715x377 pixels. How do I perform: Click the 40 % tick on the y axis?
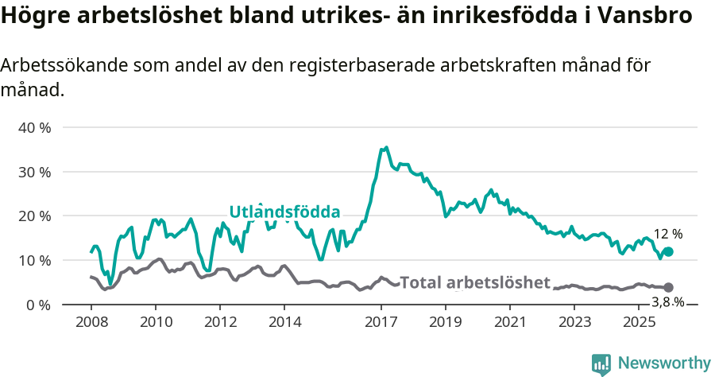pos(34,127)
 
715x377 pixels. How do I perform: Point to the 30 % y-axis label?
pos(34,172)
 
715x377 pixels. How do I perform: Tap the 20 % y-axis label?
pos(34,216)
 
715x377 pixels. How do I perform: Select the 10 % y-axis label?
pos(34,260)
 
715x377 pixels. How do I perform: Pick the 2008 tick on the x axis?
pos(91,322)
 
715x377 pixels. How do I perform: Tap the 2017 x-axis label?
pos(381,322)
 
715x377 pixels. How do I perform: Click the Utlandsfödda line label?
pos(284,212)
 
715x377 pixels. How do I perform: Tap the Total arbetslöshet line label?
pos(474,282)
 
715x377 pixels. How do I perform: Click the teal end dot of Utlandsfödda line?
pos(668,251)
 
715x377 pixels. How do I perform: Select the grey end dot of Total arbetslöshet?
pos(668,287)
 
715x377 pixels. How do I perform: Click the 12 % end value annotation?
pos(667,235)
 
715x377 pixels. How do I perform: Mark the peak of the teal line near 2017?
pos(386,148)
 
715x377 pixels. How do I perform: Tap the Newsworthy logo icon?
pos(601,364)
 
